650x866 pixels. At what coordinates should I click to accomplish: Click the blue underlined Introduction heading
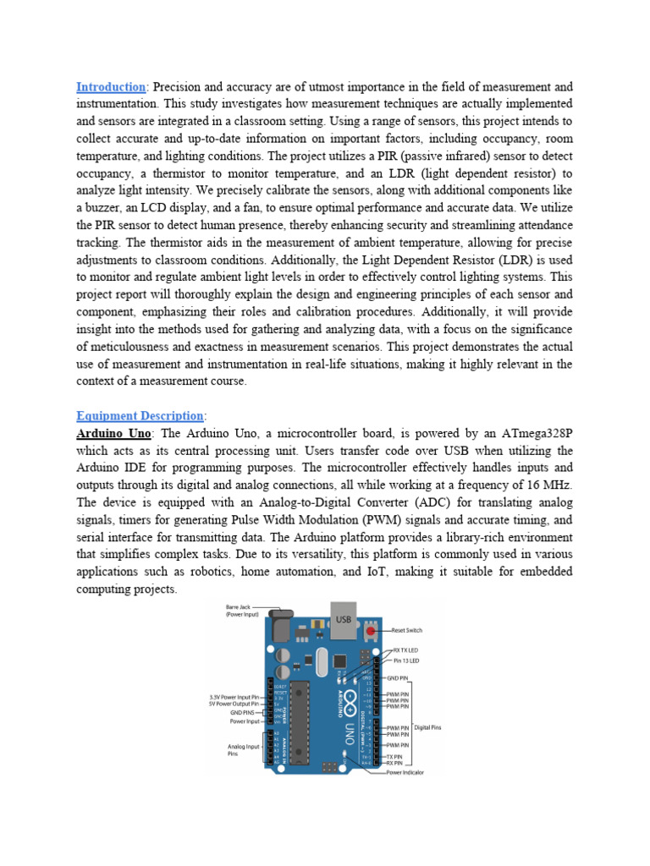coord(111,87)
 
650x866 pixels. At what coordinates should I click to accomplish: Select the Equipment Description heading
coord(140,415)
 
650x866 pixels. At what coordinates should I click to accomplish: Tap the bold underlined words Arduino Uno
coord(113,433)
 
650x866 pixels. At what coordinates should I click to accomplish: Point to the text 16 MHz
coord(548,485)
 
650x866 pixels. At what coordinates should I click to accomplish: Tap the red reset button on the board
coord(372,630)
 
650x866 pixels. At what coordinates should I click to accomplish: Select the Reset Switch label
coord(407,630)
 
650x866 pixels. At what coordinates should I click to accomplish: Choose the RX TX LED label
coord(406,650)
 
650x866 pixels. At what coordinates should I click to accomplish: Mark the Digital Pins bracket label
coord(427,726)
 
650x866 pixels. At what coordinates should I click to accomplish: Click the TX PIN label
coord(399,756)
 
